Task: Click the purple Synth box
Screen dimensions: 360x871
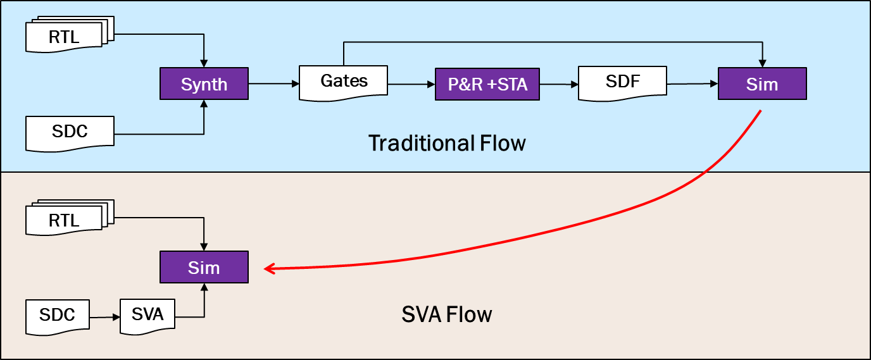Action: pos(204,84)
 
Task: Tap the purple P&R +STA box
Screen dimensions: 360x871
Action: pos(487,84)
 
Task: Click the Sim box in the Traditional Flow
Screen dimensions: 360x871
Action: pos(762,84)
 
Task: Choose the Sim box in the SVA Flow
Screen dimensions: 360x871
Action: pos(204,267)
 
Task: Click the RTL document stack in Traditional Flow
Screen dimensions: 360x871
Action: pos(65,37)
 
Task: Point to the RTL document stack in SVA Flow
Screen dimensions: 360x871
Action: pos(65,220)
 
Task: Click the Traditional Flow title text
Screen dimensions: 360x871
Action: pos(447,143)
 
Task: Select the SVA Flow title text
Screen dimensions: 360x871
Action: pos(447,314)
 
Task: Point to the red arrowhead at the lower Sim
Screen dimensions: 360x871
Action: pos(268,269)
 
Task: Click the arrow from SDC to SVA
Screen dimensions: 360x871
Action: pos(104,316)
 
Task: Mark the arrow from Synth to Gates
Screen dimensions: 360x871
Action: pos(273,84)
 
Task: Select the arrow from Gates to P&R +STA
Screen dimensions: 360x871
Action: pos(411,84)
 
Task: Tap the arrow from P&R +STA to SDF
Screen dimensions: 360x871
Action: pos(558,84)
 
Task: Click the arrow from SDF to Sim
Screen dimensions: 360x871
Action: pos(692,84)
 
